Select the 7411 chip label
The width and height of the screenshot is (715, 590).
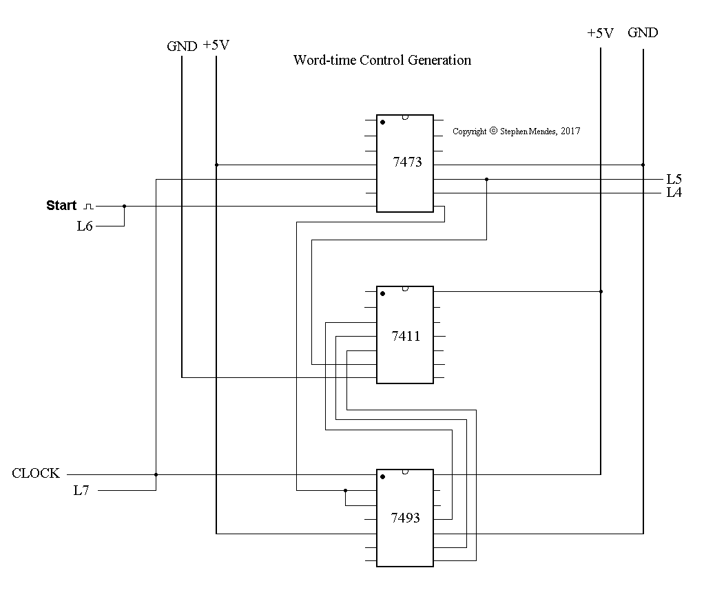coord(406,336)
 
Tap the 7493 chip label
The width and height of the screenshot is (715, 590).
coord(406,517)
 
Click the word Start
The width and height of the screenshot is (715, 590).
coord(61,205)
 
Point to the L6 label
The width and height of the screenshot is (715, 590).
coord(85,226)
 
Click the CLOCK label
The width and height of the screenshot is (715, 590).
coord(36,474)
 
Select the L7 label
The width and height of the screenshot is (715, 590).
coord(82,490)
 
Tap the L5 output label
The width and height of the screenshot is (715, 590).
coord(674,179)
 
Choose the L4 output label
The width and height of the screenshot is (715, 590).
coord(674,193)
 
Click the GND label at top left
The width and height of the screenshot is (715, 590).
coord(182,47)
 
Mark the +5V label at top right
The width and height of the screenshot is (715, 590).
coord(600,33)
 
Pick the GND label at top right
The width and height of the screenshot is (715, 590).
coord(643,33)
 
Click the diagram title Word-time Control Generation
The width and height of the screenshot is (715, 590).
coord(382,60)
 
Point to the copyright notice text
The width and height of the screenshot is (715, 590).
coord(516,131)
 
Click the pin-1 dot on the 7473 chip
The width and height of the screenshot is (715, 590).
coord(382,122)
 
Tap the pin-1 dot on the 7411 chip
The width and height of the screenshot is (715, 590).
coord(382,293)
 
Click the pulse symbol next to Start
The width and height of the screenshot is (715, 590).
coord(87,206)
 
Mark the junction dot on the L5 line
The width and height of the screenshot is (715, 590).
coord(486,179)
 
